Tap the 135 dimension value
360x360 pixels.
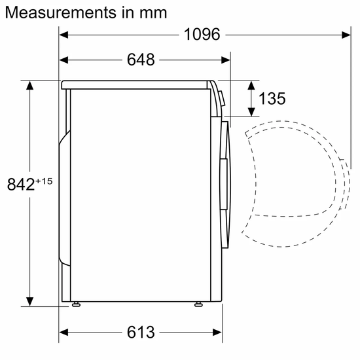tap(272, 99)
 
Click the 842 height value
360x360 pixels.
tap(20, 185)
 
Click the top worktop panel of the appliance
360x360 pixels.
tap(137, 84)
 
